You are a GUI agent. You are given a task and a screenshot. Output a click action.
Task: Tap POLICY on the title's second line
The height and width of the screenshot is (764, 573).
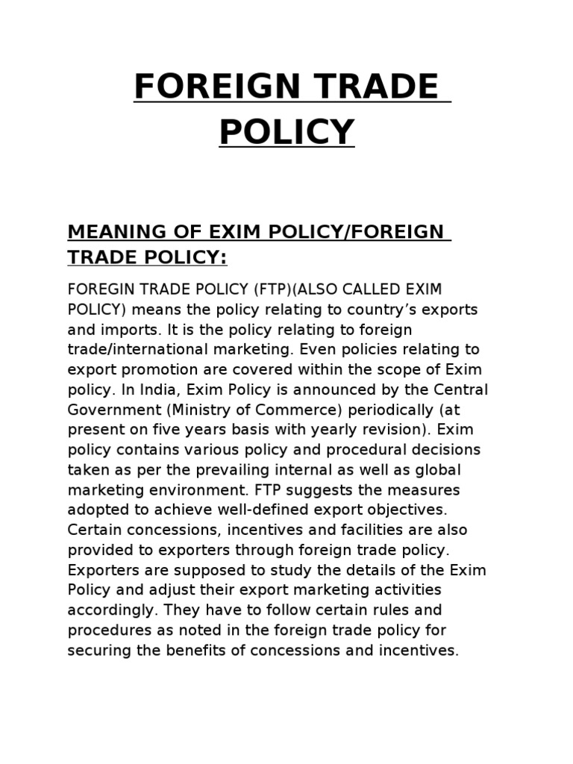pos(286,132)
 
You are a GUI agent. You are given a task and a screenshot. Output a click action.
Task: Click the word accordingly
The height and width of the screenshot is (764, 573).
pos(111,610)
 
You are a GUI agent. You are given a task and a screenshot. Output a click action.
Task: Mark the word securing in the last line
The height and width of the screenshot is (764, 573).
pos(96,651)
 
